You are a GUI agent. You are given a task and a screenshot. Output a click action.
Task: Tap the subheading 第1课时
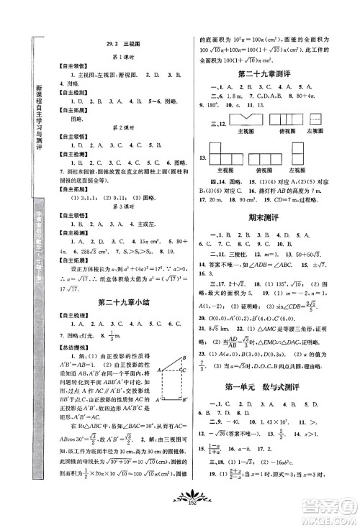tap(110, 56)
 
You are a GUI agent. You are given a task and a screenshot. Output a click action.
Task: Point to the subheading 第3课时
tap(110, 204)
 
